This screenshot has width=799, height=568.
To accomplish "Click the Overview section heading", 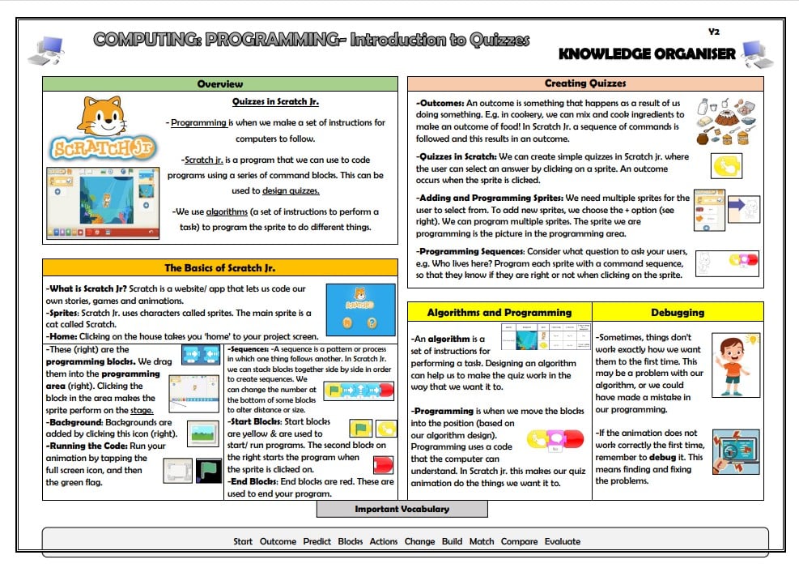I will pos(219,84).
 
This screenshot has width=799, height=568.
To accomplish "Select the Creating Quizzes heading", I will pos(585,83).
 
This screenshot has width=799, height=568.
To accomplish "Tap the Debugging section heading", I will pos(678,312).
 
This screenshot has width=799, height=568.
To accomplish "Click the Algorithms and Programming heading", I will pos(499,312).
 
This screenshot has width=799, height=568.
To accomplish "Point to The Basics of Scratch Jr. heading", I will pos(219,268).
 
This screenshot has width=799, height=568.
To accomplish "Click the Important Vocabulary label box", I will pos(402,509).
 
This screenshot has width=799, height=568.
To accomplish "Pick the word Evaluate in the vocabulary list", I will pos(562,541).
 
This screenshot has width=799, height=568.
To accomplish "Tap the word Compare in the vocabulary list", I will pos(519,541).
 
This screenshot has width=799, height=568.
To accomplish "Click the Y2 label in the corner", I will pos(713,32).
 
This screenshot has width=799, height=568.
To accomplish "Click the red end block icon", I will pos(383,464).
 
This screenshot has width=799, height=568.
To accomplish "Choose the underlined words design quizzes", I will pos(291,190).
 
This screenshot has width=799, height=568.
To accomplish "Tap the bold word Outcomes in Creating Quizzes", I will pos(442,104).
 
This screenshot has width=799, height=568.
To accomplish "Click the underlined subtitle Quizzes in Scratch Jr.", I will pos(275,102).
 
